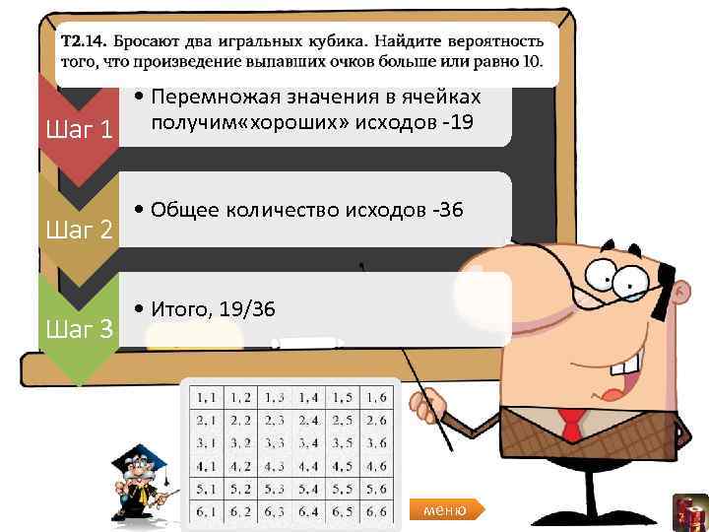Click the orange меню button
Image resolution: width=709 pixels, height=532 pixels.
click(x=446, y=509)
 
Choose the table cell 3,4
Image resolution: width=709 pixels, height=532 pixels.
click(x=308, y=442)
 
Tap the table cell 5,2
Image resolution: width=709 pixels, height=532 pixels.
click(x=241, y=488)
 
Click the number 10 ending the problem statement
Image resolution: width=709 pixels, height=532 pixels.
click(x=533, y=61)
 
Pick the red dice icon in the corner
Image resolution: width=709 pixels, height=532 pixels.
click(x=691, y=513)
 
